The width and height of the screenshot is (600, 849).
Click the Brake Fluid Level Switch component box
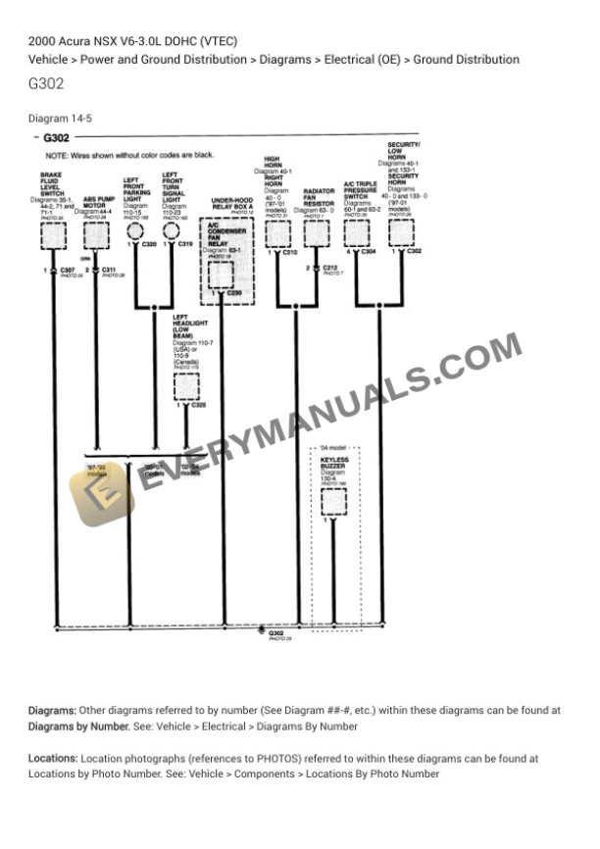pos(53,235)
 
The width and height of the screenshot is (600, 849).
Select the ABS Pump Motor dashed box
pos(96,235)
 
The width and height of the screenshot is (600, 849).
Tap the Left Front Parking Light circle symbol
pos(135,232)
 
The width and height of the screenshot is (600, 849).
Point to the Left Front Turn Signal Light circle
pos(172,232)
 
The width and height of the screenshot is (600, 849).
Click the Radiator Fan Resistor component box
pos(316,233)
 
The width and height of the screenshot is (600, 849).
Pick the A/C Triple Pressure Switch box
pos(357,233)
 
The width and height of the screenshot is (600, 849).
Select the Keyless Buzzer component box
pos(333,501)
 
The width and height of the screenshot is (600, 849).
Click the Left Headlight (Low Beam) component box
pos(186,386)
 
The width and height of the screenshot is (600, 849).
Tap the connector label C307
pos(67,269)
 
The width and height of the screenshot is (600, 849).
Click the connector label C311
pos(108,269)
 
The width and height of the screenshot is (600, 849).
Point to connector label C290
pos(234,293)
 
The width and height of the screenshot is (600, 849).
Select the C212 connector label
pos(329,267)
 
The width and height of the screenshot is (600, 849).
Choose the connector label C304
pos(369,252)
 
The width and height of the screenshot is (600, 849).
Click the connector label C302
pos(414,252)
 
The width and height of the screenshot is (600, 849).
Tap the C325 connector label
pos(198,404)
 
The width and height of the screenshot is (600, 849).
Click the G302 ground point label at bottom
pos(276,633)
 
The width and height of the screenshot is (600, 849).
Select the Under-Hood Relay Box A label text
pos(232,204)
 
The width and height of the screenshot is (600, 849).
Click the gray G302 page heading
pos(46,83)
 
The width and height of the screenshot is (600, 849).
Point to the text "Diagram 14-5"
pos(61,119)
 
